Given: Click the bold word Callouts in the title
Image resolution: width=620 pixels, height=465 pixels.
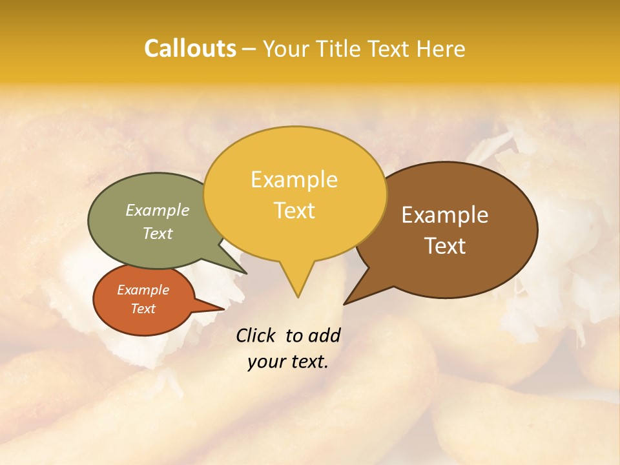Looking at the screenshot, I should coord(190,48).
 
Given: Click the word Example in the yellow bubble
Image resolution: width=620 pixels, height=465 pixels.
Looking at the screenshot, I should coord(294,180).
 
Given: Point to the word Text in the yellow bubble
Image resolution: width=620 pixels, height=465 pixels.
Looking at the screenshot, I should coord(294,211).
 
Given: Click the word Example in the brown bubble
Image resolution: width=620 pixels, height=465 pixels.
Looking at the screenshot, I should coord(445,215).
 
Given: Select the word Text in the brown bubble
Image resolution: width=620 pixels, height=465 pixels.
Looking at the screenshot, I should coord(445,246).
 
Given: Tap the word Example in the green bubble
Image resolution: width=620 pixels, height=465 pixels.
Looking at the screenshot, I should coord(157,211).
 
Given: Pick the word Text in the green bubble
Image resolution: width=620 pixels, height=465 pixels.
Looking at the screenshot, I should coord(157,233).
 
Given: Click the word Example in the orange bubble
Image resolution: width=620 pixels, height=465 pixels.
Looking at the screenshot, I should coord(143,290).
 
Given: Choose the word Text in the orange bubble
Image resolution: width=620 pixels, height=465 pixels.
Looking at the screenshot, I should coord(143,309).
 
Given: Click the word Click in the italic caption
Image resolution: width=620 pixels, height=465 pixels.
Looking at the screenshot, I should coord(257,335).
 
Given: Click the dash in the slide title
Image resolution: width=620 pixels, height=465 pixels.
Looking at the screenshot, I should coord(249,48).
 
